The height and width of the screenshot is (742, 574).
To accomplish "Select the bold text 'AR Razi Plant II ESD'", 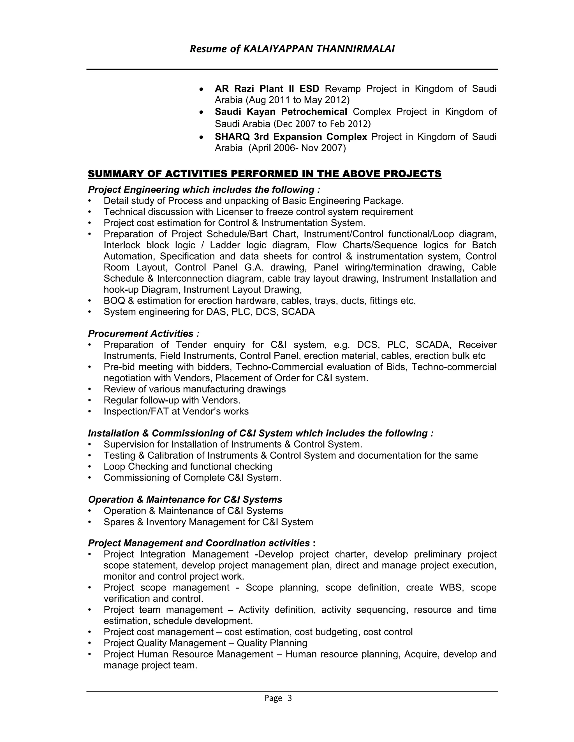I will pyautogui.click(x=267, y=89).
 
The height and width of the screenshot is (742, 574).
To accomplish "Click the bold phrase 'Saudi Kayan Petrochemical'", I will pyautogui.click(x=281, y=112).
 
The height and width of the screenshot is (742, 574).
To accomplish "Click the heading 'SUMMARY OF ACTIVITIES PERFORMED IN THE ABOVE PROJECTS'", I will pyautogui.click(x=265, y=174).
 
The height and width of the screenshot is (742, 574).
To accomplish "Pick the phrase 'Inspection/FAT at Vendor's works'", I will pyautogui.click(x=176, y=411).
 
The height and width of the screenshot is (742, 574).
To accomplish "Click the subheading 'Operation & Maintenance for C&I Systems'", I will pyautogui.click(x=185, y=500).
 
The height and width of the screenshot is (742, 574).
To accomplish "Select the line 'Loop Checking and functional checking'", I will pyautogui.click(x=188, y=467).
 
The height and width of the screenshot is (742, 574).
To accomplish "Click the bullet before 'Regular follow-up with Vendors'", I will pyautogui.click(x=90, y=400).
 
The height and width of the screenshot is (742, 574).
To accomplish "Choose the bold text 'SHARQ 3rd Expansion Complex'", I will pyautogui.click(x=291, y=137).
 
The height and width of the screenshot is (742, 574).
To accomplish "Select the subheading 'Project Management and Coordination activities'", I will pyautogui.click(x=199, y=543).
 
